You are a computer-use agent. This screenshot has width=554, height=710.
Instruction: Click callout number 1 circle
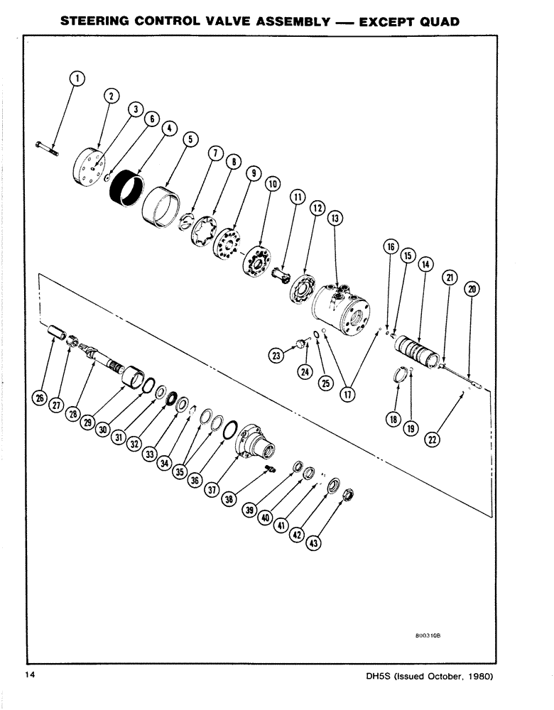[x=77, y=79]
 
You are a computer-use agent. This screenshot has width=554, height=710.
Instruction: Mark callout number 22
[x=430, y=439]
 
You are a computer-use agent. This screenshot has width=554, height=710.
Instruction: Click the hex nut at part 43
[x=347, y=495]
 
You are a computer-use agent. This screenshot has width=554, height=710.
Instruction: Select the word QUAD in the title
[x=430, y=21]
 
